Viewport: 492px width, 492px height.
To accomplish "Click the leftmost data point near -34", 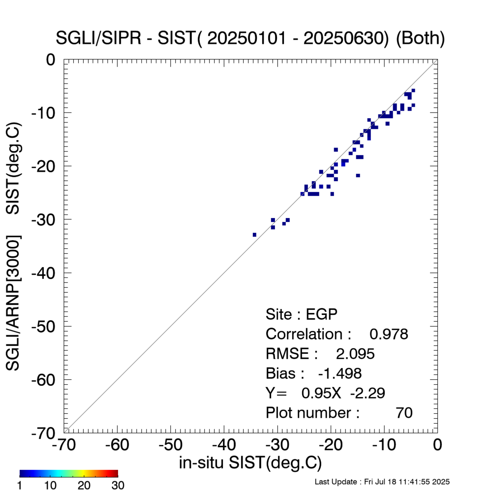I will pos(254,235).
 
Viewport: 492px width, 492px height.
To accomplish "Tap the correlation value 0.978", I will pos(389,334).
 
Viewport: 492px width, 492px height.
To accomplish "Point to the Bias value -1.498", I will pos(340,373).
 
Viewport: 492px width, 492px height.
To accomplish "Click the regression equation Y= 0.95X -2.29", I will pos(325,393).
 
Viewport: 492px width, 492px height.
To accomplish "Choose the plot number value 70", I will pos(404,413).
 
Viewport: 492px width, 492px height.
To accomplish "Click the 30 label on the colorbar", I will pos(118,486).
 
